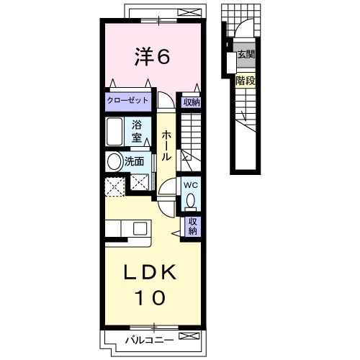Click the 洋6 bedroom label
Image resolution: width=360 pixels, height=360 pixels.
(x=152, y=57)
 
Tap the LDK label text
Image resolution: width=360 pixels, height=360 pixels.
(x=150, y=272)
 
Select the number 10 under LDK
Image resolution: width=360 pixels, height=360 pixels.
(x=150, y=297)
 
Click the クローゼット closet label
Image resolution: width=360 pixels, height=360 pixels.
(x=127, y=100)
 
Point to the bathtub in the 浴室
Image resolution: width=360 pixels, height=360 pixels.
(x=114, y=132)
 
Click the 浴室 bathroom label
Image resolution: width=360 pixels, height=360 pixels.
(x=137, y=132)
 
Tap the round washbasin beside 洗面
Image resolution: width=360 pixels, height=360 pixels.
(x=114, y=161)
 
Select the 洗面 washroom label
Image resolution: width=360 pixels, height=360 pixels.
(x=134, y=161)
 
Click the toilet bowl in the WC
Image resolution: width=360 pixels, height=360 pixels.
(x=191, y=200)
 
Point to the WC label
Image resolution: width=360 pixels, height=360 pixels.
(x=191, y=185)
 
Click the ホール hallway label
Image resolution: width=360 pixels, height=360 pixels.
(x=166, y=145)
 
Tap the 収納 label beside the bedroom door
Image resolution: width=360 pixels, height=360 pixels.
(x=192, y=102)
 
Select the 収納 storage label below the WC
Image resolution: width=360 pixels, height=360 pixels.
(x=193, y=226)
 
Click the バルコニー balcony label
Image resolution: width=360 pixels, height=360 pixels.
(x=150, y=340)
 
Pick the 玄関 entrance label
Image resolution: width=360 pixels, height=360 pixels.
(x=246, y=55)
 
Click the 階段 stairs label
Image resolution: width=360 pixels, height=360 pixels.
(x=245, y=81)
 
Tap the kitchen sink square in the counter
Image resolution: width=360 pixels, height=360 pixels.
(x=140, y=229)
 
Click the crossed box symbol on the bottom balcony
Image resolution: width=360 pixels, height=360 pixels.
(x=189, y=336)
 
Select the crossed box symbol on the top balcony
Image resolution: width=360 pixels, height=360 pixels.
(x=189, y=12)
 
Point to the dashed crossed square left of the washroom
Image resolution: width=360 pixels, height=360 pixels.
(x=115, y=186)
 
